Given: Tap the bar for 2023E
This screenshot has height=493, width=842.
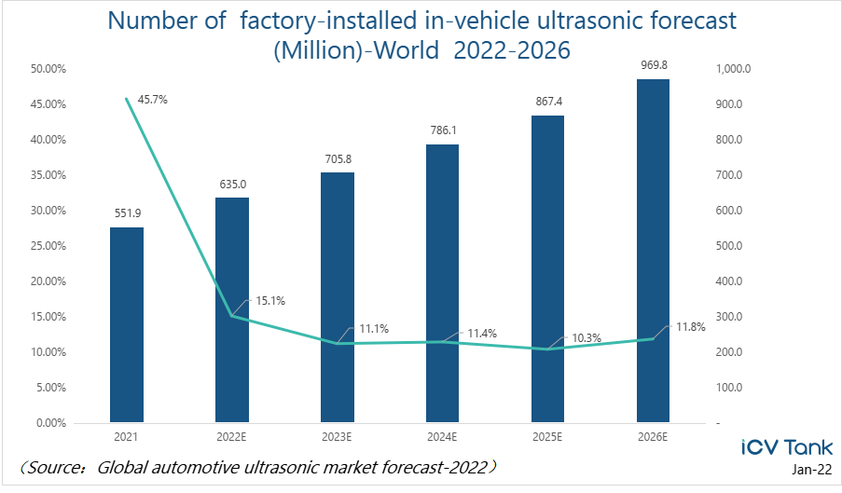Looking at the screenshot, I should [338, 297].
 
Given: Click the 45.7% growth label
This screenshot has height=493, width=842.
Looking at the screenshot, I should [152, 99].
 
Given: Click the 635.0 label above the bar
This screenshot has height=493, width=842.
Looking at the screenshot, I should [232, 184].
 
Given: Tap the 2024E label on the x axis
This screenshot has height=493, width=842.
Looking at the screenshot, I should [443, 435].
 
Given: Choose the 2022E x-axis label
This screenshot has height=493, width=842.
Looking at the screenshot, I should [232, 435].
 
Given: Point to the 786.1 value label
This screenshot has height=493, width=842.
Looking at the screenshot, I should [443, 130].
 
